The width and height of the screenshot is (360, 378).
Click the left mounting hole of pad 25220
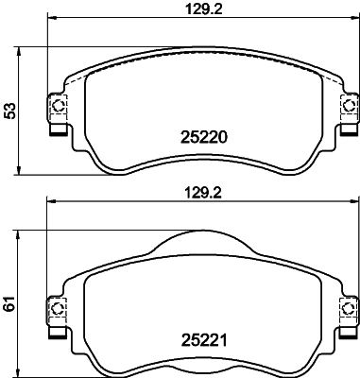(x=57, y=105)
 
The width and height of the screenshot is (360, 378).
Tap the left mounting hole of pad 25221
(x=57, y=305)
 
